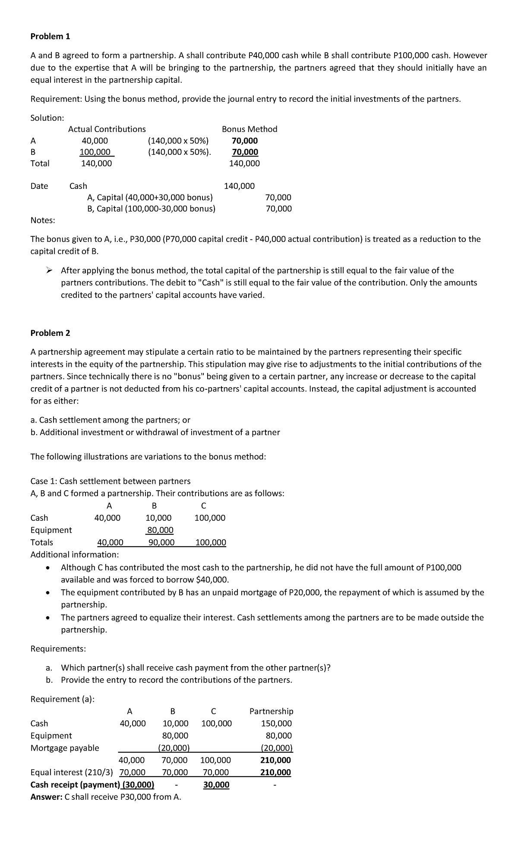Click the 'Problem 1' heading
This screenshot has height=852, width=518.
[x=50, y=37]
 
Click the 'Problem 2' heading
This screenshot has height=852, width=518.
[x=50, y=333]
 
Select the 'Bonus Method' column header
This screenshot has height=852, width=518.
[x=250, y=129]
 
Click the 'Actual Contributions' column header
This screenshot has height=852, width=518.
[x=107, y=129]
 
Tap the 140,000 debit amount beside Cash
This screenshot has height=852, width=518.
[x=239, y=186]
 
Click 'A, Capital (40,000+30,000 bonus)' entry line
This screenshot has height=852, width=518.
[x=150, y=197]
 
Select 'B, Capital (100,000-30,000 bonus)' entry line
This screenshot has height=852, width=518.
[x=151, y=209]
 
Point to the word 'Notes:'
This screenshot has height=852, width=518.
[x=43, y=220]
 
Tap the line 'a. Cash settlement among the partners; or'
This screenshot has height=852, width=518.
[x=110, y=420]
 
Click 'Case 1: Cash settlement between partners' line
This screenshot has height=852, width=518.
[x=110, y=481]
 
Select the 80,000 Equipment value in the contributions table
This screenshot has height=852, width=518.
[x=160, y=529]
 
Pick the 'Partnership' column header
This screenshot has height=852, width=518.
[x=271, y=711]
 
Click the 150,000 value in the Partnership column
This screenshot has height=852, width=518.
[x=276, y=724]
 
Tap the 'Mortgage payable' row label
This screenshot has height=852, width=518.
[x=65, y=748]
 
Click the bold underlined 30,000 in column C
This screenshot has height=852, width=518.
[x=216, y=785]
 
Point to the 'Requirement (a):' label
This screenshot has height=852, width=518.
[x=63, y=699]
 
